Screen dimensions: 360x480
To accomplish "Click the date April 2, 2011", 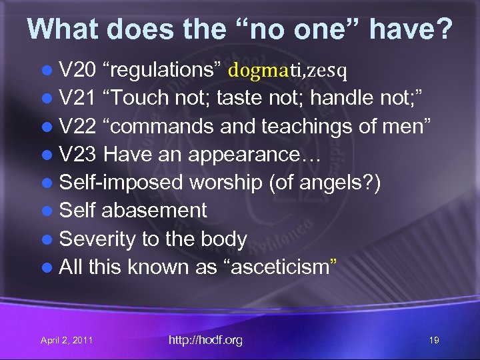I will tap(67, 341).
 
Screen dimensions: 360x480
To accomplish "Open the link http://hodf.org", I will tap(205, 340).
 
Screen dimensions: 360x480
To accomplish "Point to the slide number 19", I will tap(434, 341).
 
